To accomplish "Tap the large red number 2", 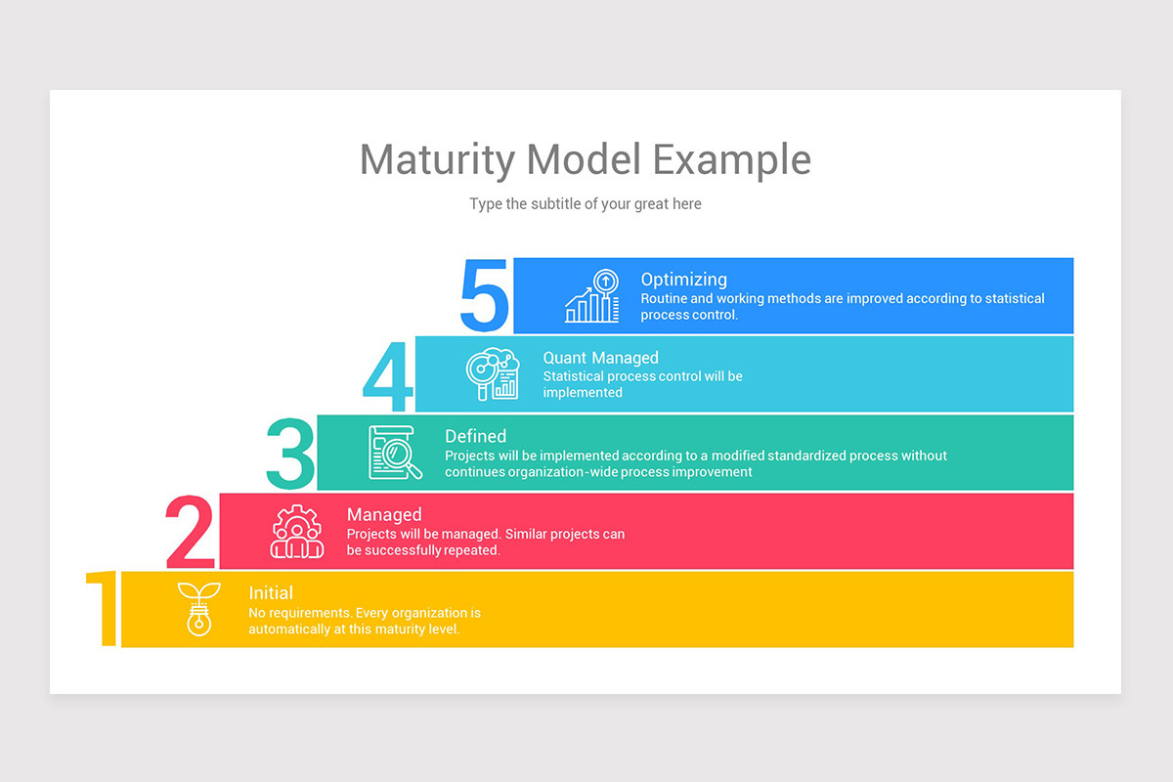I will pyautogui.click(x=191, y=532).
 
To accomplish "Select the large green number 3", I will pyautogui.click(x=290, y=454).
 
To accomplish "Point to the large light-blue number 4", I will pyautogui.click(x=388, y=376).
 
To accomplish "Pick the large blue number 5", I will pyautogui.click(x=485, y=296).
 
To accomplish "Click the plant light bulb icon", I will pyautogui.click(x=198, y=608).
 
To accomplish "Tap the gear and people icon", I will pyautogui.click(x=296, y=531).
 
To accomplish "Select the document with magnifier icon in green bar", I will pyautogui.click(x=395, y=453).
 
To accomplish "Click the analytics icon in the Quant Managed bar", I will pyautogui.click(x=493, y=374).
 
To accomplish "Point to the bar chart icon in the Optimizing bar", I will pyautogui.click(x=592, y=296).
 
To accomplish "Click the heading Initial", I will pyautogui.click(x=271, y=592).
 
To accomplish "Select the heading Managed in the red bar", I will pyautogui.click(x=384, y=514).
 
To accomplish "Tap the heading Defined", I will pyautogui.click(x=475, y=436).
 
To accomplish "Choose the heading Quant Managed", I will pyautogui.click(x=600, y=358).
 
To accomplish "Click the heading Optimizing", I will pyautogui.click(x=683, y=280).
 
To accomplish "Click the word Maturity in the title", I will pyautogui.click(x=437, y=159).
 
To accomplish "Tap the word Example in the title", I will pyautogui.click(x=732, y=159).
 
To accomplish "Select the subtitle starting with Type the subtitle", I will pyautogui.click(x=586, y=204).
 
